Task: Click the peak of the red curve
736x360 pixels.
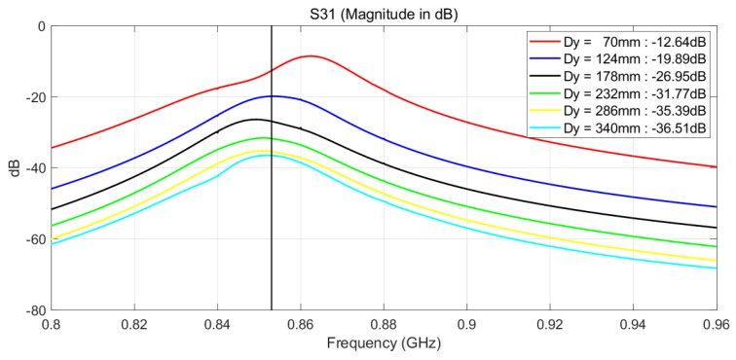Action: [x=311, y=56]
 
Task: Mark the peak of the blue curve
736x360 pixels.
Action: [x=275, y=96]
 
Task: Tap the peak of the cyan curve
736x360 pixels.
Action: [x=263, y=155]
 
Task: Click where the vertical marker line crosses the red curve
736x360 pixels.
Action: [x=271, y=71]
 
